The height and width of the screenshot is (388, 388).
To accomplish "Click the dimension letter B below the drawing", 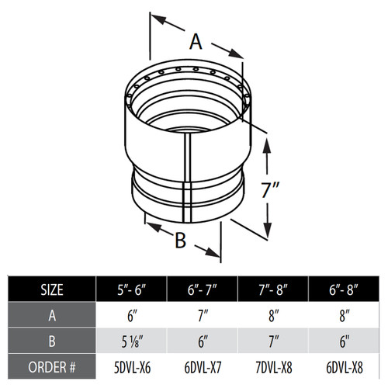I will [180, 241].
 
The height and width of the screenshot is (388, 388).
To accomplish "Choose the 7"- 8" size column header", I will [277, 290].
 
